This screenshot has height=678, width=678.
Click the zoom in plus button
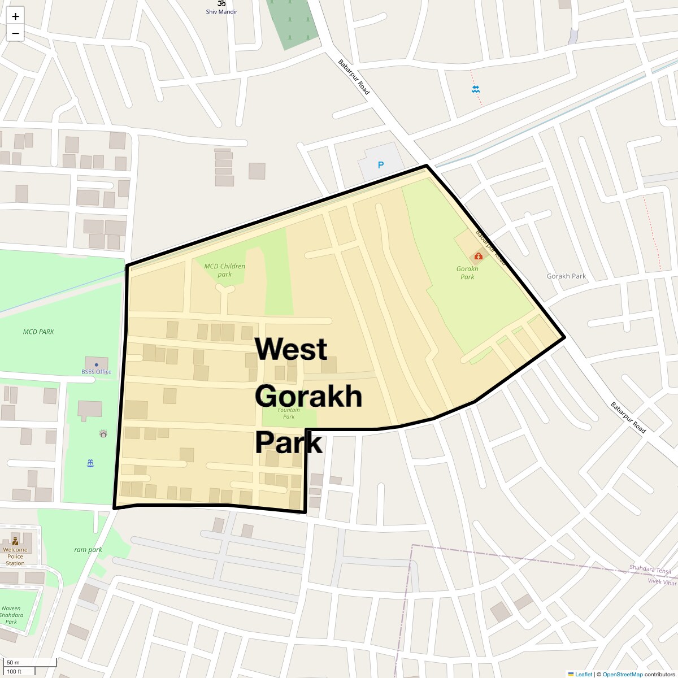(x=15, y=16)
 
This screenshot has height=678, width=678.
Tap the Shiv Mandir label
(x=221, y=11)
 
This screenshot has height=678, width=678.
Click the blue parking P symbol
(x=381, y=165)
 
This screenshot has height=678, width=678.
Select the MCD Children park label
(x=225, y=270)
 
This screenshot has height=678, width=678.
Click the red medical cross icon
(x=479, y=257)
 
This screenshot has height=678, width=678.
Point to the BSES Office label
(x=96, y=372)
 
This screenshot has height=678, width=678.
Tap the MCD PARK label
(x=38, y=332)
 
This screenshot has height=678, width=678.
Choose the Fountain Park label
(x=289, y=413)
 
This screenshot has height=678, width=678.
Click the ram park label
(x=88, y=550)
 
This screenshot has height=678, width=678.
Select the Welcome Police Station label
(x=15, y=557)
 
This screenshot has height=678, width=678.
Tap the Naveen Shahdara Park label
(x=11, y=615)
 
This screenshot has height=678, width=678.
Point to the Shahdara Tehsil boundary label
(x=650, y=570)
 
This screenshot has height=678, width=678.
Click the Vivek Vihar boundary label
(x=662, y=581)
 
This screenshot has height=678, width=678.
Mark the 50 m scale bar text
(x=13, y=663)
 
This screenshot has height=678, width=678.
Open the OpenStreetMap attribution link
(x=622, y=674)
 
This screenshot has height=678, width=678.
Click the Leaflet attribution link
(x=583, y=674)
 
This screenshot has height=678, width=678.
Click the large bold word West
(x=291, y=349)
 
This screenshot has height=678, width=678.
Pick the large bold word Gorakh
(x=308, y=396)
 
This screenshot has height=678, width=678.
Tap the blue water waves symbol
(x=476, y=89)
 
